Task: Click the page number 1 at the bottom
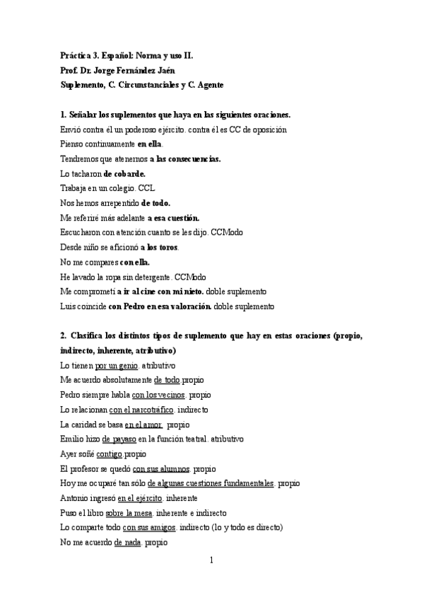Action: pyautogui.click(x=211, y=560)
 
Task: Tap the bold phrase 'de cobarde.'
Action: pyautogui.click(x=124, y=173)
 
